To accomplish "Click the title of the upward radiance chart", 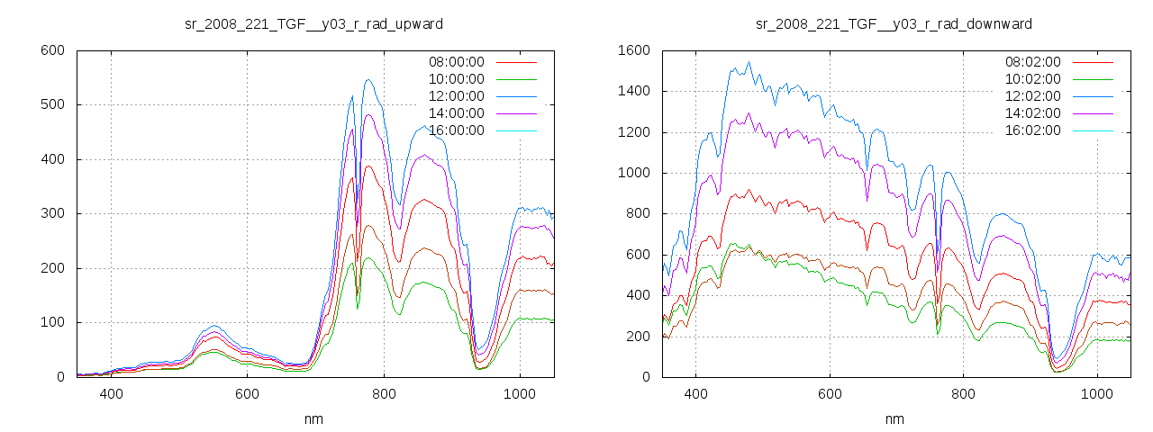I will (313, 23).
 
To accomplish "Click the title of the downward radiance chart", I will (894, 23).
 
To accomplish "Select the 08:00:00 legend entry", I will (456, 62).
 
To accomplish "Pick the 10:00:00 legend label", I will (456, 79).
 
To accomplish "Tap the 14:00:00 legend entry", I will (456, 113).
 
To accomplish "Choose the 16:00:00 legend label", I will (456, 130).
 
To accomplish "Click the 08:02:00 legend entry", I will (1032, 62).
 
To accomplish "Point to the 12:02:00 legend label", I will (1032, 96).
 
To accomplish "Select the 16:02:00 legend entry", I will (1032, 130).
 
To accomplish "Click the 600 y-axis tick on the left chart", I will (52, 50).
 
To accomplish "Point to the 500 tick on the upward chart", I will (52, 105).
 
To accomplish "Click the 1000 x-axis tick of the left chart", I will (519, 394).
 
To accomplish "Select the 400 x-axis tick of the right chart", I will (695, 394).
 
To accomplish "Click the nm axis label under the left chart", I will (313, 419).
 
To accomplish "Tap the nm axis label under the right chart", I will (894, 419).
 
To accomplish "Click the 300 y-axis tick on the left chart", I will (52, 214).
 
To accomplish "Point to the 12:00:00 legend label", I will (456, 96).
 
